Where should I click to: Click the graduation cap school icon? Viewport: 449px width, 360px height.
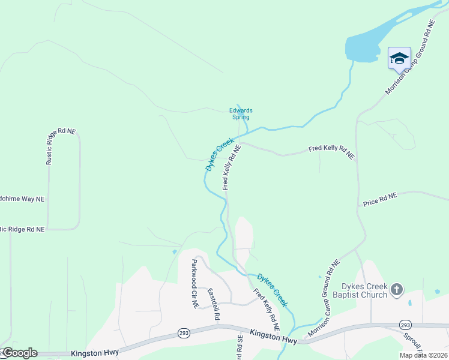point(399,58)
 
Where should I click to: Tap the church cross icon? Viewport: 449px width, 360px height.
point(396,290)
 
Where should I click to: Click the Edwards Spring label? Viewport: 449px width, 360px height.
point(241,113)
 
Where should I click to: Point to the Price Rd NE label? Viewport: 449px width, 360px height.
point(380,200)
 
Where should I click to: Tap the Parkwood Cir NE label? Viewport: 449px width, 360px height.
point(194,283)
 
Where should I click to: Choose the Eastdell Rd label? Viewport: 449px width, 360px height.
point(214,304)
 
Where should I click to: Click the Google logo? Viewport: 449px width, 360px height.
point(19,353)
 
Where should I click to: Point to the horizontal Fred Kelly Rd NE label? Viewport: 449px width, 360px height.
point(331,151)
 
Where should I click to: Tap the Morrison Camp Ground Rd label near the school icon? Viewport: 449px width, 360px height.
point(409,58)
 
